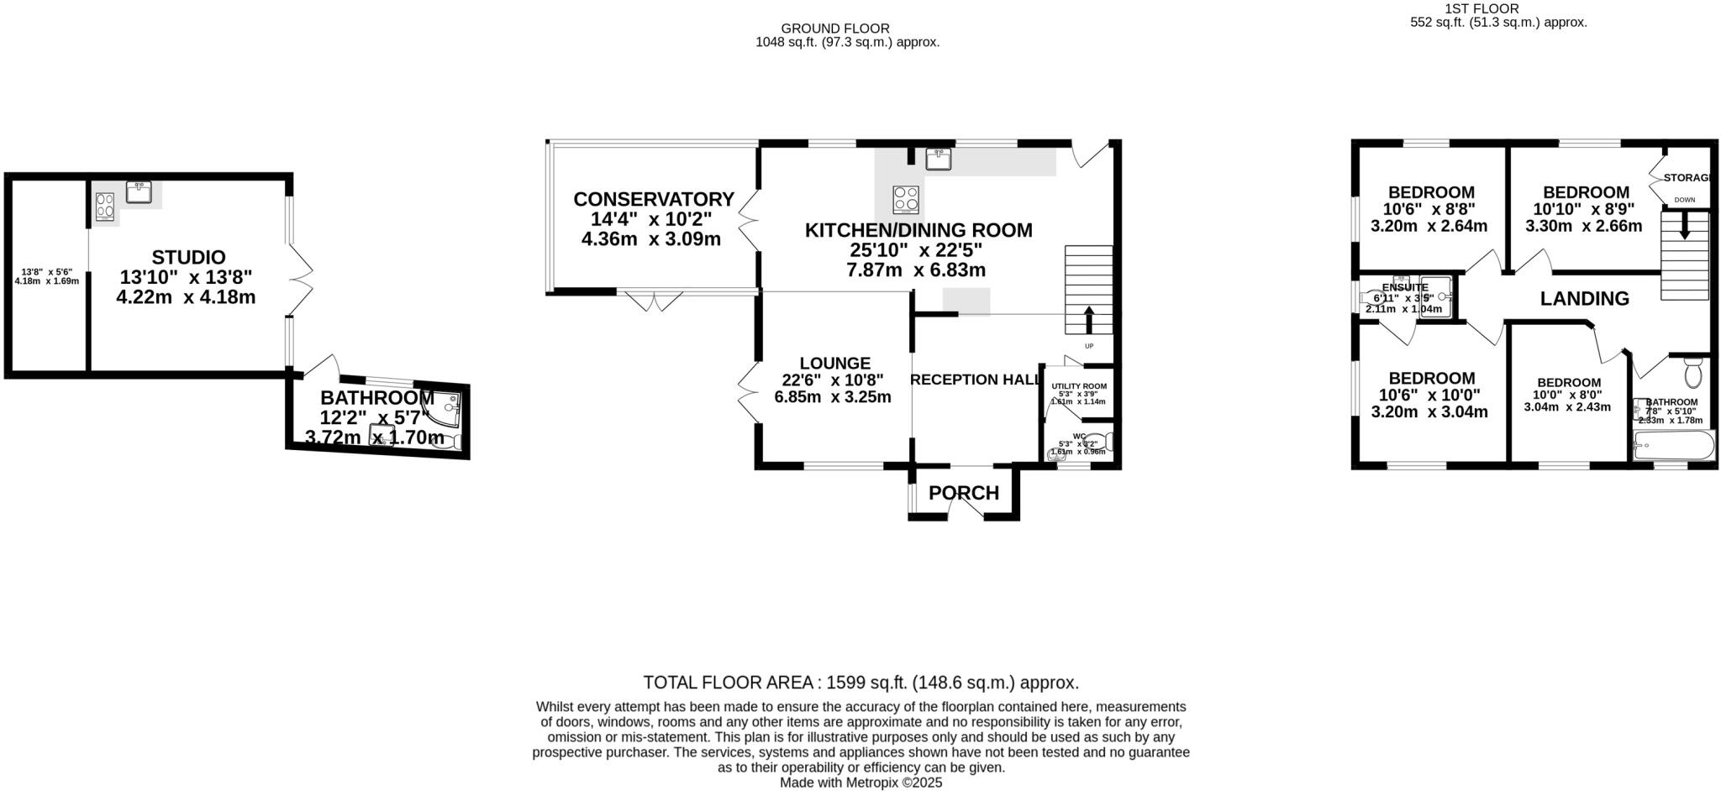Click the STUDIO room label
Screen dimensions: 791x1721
coord(188,257)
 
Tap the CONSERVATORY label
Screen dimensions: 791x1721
coord(653,199)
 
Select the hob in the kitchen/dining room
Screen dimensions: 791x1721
coord(905,200)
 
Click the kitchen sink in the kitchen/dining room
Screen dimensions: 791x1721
coord(938,158)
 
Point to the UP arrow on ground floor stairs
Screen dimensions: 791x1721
coord(1089,320)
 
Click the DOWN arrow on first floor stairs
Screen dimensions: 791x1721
coord(1684,225)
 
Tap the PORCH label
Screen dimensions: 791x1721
coord(964,493)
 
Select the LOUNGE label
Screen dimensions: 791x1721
coord(834,363)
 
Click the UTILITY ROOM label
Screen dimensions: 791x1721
coord(1079,386)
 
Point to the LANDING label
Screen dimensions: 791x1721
coord(1584,298)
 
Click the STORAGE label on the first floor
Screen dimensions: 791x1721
coord(1687,177)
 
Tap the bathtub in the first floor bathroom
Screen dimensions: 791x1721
coord(1672,445)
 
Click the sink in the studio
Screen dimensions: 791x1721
coord(139,192)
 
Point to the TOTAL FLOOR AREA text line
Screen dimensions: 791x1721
coord(860,682)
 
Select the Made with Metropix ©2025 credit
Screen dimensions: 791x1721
coord(860,783)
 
